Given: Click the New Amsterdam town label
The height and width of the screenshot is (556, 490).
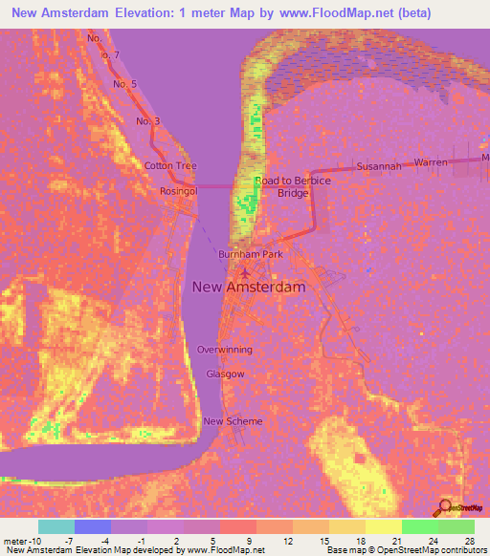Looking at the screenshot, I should point(249,287).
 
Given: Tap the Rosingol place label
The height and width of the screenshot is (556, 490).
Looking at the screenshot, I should point(179,190).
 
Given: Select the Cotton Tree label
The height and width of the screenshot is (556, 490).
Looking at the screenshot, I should point(170,165).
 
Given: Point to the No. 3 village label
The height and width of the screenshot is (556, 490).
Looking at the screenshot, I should point(148,121).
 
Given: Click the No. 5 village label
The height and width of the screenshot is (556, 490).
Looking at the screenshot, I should point(125,84).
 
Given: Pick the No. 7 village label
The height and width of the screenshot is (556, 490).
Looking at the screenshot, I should point(109,55).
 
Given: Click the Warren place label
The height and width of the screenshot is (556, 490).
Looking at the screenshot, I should point(431,162).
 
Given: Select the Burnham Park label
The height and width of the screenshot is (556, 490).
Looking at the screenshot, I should point(252,255).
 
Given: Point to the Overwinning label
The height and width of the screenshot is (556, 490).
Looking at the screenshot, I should point(225,350).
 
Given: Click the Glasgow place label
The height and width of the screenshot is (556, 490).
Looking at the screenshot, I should point(225,374).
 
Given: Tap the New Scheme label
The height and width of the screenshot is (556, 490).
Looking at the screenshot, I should point(233,420).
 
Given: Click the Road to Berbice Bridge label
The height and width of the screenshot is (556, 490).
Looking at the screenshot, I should point(293,186).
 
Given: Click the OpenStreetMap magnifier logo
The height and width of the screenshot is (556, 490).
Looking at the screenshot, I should point(446,507).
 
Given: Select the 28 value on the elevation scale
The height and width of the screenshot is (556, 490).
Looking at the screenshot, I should point(469,542).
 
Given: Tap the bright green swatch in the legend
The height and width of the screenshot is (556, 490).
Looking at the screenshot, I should point(420,526).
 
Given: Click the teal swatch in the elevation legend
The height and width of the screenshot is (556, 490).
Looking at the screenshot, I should point(56,526).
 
